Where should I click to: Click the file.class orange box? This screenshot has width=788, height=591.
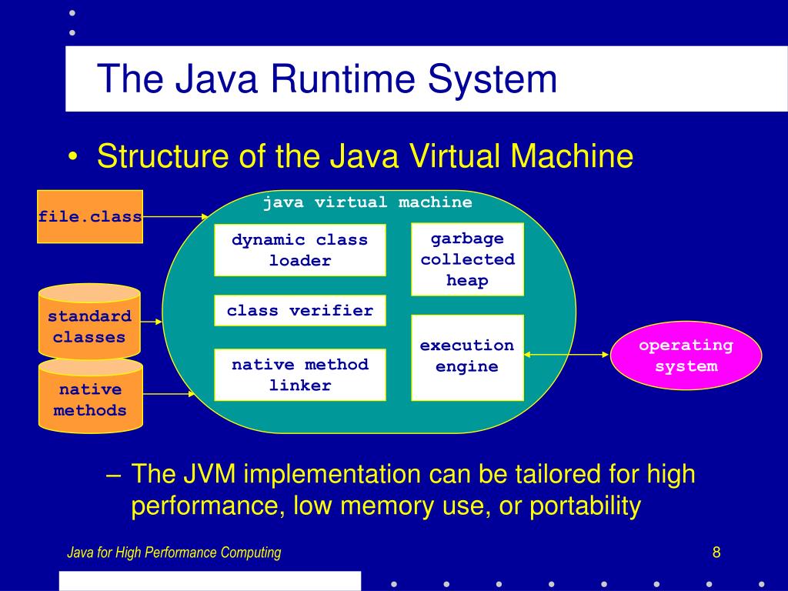90,216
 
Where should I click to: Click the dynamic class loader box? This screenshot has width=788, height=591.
300,250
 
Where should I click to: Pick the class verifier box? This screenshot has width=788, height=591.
300,311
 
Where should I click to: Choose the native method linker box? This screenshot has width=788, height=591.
300,375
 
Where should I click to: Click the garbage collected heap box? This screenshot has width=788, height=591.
467,259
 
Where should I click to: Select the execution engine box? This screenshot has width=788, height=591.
467,357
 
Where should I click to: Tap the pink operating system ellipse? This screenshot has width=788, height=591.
686,356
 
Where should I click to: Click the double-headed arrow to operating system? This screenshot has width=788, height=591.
566,355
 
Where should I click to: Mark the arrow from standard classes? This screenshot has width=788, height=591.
152,322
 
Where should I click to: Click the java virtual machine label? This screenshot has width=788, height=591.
367,202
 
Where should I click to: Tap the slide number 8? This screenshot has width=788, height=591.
716,552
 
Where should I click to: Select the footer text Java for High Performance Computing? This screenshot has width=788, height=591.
174,553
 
